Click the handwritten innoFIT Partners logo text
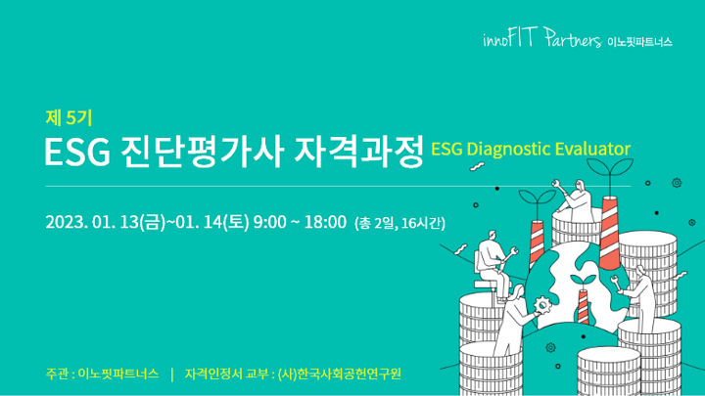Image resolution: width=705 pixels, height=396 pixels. click(542, 38)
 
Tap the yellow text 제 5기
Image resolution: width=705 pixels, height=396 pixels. click(69, 118)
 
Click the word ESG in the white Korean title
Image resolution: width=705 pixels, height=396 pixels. click(77, 153)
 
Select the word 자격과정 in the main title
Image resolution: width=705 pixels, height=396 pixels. click(358, 152)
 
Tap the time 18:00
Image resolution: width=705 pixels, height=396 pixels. click(325, 222)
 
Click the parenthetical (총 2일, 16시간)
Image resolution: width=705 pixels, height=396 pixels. click(399, 223)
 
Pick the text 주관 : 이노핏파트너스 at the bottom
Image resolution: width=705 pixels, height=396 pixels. click(102, 374)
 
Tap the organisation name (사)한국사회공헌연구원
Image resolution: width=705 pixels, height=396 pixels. click(340, 374)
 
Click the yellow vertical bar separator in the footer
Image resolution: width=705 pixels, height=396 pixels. click(172, 374)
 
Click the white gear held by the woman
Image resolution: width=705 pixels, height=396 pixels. click(542, 305)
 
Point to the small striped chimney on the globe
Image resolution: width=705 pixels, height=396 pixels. click(583, 307)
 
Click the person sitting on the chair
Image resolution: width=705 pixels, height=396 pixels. click(494, 264)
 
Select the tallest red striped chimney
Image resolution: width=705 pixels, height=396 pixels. click(610, 233)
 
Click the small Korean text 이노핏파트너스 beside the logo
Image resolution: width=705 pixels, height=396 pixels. click(639, 42)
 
